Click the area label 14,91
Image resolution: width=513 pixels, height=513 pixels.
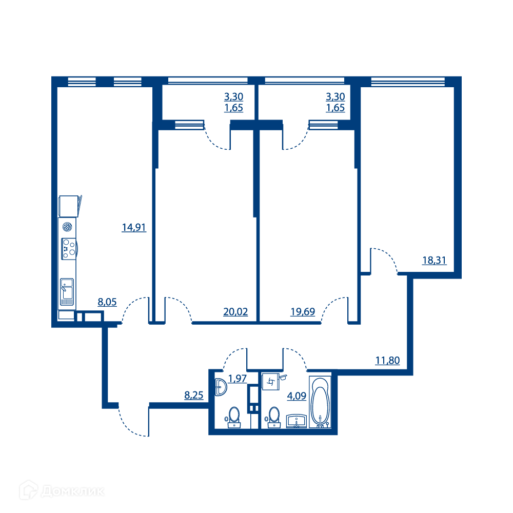(x=134, y=227)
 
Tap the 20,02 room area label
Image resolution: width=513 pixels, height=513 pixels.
(x=235, y=311)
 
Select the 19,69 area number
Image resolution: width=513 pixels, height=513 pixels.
(x=303, y=311)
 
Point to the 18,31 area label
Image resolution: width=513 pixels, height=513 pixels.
(x=434, y=260)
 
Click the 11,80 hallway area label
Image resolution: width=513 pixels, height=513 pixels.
(x=387, y=360)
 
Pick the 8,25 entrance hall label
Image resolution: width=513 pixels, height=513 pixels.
(x=194, y=395)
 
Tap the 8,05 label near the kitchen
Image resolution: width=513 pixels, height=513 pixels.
(x=107, y=302)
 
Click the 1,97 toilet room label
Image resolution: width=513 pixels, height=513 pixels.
(x=237, y=378)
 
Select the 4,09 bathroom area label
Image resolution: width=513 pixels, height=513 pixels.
(x=297, y=396)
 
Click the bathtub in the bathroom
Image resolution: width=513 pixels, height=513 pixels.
(x=320, y=402)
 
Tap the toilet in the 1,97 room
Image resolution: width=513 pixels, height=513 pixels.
(x=233, y=417)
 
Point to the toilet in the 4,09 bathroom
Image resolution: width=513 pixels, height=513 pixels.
(x=273, y=417)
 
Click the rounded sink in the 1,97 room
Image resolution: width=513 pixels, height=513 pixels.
(x=221, y=387)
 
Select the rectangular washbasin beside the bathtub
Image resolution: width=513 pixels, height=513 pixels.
(x=297, y=421)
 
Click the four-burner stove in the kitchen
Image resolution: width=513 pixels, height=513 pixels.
(x=69, y=248)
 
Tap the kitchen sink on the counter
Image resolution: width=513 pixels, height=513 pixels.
(x=67, y=292)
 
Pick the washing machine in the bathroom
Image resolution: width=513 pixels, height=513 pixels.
(x=270, y=382)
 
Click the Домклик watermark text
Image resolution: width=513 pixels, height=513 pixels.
(x=73, y=491)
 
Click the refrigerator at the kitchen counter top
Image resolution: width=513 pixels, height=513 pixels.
(x=68, y=206)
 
